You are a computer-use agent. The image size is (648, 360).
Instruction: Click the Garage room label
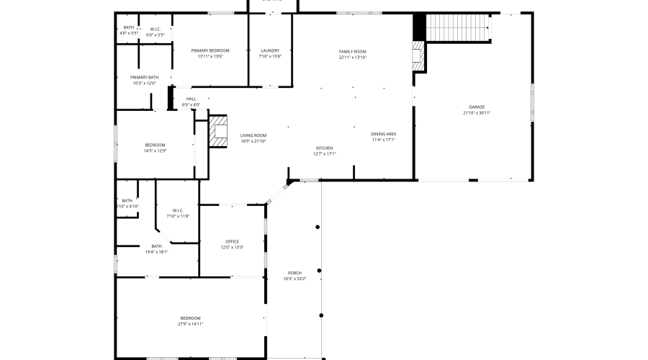[477, 107]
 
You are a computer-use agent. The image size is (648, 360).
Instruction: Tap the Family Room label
[353, 51]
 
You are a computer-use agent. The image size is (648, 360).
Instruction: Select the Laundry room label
[270, 50]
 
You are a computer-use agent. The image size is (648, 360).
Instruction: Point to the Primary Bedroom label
[210, 50]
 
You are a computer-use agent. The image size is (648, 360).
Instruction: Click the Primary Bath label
[144, 77]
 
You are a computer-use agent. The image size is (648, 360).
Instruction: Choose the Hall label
[191, 99]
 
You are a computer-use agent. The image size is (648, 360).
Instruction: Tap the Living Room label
[253, 135]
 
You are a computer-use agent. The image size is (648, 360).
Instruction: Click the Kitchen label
[324, 148]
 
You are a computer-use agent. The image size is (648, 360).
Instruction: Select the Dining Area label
[384, 134]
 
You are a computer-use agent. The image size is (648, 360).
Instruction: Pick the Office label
[232, 241]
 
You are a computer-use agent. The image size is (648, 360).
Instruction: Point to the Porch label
[294, 273]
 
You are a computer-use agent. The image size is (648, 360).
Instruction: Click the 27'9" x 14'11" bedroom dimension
[191, 324]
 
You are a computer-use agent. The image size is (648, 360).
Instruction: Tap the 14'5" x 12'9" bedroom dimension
[155, 150]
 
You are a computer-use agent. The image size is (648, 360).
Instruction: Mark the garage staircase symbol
[458, 29]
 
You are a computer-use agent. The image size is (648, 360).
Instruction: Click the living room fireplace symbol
[218, 131]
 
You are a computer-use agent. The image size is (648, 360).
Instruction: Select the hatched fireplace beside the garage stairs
[418, 55]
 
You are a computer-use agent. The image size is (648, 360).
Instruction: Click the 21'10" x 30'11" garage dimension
[477, 113]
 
